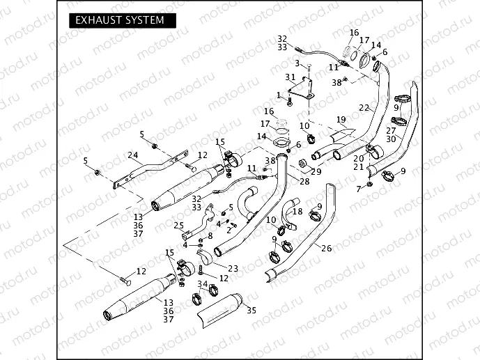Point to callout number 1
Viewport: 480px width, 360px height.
coord(279,95)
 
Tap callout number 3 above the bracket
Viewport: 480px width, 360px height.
coord(297,63)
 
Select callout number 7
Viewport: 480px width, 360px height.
coord(359,189)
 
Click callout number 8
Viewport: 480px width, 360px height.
coord(210,236)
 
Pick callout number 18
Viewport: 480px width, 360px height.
coord(298,211)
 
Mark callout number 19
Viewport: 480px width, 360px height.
coord(341,120)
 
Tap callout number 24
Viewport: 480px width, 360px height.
coord(132,155)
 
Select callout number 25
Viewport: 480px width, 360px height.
coord(178,226)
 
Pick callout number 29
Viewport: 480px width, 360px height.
coord(316,171)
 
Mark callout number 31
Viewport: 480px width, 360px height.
coord(291,77)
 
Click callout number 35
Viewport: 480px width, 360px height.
coord(251,310)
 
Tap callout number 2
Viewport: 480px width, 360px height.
coord(229,229)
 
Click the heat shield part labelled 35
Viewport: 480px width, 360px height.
coord(222,310)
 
